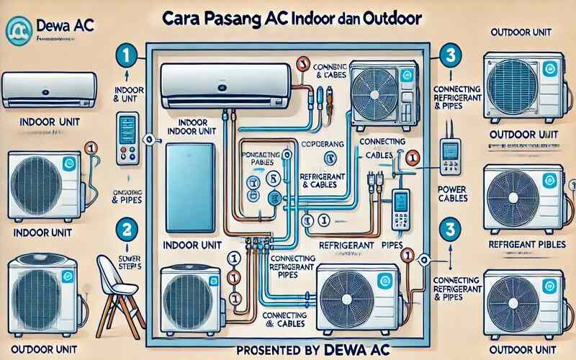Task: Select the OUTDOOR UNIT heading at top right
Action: tap(524, 32)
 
